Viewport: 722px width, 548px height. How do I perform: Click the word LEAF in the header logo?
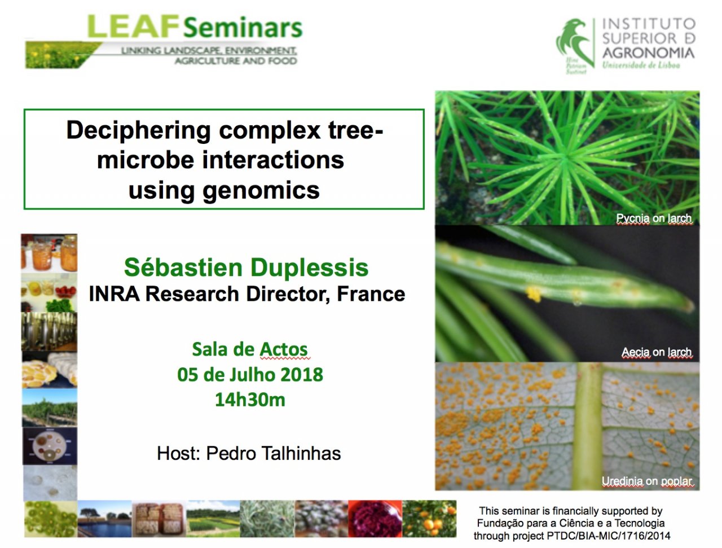click(x=133, y=27)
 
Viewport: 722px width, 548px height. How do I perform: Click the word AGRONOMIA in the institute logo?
click(x=649, y=52)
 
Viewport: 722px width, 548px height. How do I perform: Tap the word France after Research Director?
click(x=371, y=294)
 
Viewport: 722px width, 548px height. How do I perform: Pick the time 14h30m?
click(x=250, y=400)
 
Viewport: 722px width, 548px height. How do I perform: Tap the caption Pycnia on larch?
click(x=654, y=218)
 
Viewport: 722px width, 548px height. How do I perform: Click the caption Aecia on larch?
click(x=656, y=352)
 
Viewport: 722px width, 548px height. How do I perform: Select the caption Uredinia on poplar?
click(x=646, y=481)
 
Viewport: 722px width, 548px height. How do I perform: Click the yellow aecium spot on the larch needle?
click(x=534, y=293)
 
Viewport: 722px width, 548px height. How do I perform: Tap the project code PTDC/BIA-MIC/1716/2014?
click(x=609, y=536)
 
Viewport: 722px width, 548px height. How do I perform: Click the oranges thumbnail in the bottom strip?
click(x=429, y=519)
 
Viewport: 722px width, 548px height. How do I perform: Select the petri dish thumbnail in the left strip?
click(x=50, y=446)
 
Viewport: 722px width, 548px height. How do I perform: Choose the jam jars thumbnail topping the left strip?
click(x=49, y=253)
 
